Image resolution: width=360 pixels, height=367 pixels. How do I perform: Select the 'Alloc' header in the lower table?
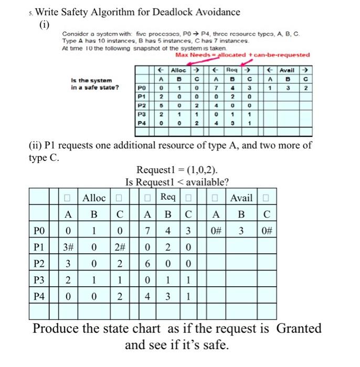94,198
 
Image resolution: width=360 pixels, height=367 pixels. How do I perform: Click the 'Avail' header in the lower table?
241,198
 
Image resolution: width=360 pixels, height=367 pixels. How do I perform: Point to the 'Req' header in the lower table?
168,198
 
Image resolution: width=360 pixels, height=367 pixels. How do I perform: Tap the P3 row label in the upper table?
141,113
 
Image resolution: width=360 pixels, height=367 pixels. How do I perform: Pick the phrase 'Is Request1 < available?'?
177,182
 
